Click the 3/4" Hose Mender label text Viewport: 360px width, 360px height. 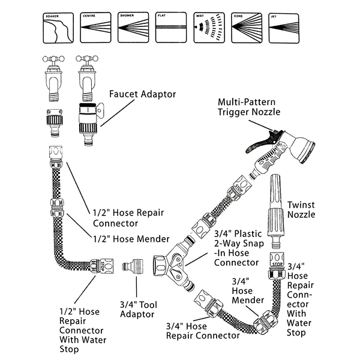click(x=248, y=289)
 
